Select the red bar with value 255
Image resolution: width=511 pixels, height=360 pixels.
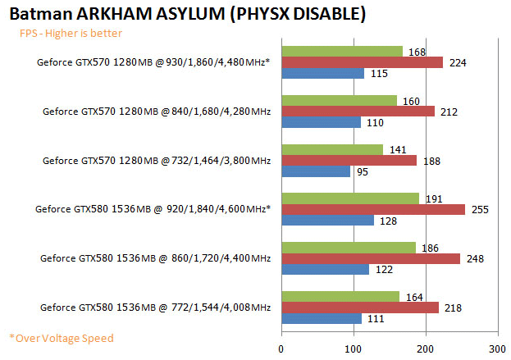coord(373,209)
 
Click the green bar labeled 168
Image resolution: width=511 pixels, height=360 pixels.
coord(342,52)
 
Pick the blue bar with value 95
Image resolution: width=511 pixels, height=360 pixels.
coord(316,171)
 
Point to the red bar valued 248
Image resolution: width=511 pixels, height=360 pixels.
coord(371,258)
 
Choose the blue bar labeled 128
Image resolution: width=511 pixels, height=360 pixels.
coord(327,220)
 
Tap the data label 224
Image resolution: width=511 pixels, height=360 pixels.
coord(455,62)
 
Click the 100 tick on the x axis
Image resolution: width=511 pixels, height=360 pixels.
coord(354,348)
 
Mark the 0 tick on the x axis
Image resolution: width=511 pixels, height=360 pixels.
coord(281,348)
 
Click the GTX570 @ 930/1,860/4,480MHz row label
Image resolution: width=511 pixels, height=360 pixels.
coord(154,62)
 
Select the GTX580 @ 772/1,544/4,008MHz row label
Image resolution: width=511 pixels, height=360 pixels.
coord(155,307)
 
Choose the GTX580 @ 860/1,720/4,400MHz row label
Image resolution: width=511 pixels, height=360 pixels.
coord(155,258)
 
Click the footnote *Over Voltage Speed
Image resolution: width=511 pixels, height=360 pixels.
coord(62,338)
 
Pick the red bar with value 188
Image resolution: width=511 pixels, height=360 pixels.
coord(349,160)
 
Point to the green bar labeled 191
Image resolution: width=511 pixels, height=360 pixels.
coord(350,198)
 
